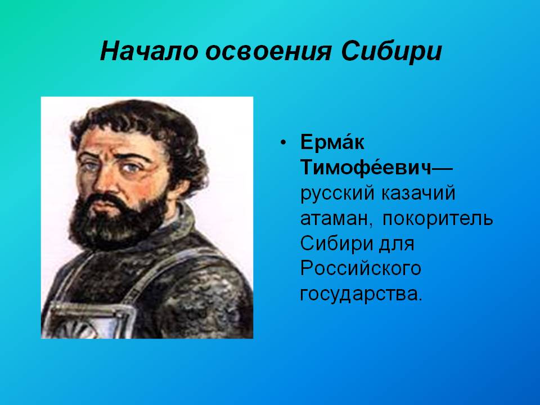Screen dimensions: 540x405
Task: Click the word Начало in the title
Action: [x=149, y=51]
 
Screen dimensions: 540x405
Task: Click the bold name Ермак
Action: [x=332, y=141]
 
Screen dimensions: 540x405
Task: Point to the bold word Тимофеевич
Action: [x=366, y=167]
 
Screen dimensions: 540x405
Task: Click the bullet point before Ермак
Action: [x=283, y=142]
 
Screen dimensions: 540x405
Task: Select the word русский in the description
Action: [x=337, y=194]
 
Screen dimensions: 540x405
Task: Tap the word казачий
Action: [x=418, y=193]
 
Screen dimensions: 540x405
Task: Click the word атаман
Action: [x=336, y=219]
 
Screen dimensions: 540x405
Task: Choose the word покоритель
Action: [x=438, y=218]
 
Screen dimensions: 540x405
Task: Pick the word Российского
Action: [x=361, y=269]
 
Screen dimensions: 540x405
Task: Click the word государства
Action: [x=361, y=294]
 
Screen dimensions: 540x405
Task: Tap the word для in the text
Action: [x=397, y=244]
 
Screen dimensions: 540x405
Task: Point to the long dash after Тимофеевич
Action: [x=442, y=168]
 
